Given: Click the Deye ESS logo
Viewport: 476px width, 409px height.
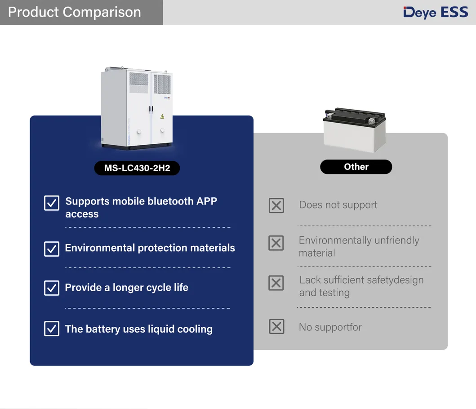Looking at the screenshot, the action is click(436, 13).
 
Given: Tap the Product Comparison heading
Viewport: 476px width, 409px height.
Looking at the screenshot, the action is click(74, 12).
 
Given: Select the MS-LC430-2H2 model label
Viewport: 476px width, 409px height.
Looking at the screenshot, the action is click(137, 168).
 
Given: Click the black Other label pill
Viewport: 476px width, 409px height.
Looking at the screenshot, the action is click(356, 167).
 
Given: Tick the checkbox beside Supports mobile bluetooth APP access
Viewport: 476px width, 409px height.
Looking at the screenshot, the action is click(52, 203).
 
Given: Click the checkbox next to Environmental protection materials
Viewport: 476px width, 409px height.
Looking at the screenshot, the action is click(52, 249).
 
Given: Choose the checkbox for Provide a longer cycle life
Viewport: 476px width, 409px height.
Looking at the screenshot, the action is click(52, 288).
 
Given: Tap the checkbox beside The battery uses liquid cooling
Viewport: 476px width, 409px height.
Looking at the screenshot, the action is click(52, 329).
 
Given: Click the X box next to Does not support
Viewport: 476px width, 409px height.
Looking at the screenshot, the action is click(276, 205).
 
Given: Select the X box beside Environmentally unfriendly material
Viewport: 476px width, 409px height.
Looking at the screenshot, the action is click(276, 243).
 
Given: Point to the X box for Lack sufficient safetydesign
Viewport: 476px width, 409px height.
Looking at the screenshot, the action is click(276, 283).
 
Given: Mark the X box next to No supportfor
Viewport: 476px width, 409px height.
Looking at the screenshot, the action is click(276, 326).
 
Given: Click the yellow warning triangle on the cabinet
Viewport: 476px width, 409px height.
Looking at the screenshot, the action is click(162, 116).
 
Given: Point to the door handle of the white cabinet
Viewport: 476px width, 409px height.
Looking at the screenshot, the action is click(151, 109).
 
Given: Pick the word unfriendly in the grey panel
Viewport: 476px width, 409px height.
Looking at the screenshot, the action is click(397, 240).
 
